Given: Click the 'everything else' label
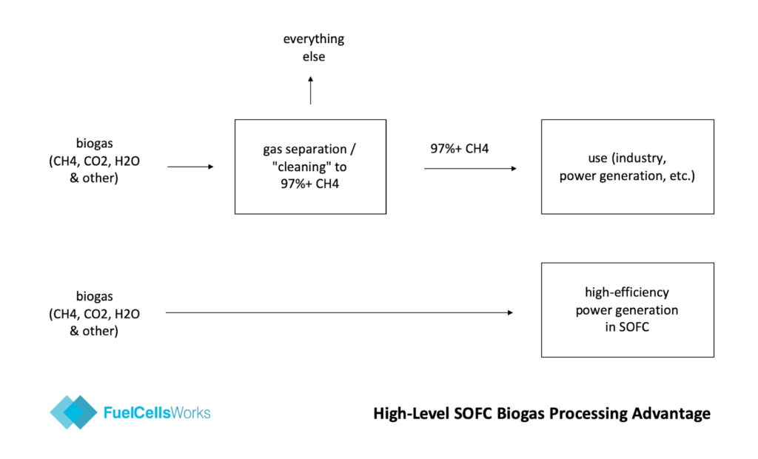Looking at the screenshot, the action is tap(314, 47).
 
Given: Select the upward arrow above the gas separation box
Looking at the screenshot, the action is tap(310, 90).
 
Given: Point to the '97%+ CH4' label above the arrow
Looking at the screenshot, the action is tap(459, 149).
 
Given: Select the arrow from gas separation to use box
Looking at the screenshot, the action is tap(470, 168).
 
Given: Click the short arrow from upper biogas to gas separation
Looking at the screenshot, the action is tap(190, 167).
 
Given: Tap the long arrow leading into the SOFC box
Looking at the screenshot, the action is tap(339, 312).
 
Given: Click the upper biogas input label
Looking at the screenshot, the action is tap(94, 161).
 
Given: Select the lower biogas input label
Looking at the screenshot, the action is tap(94, 313).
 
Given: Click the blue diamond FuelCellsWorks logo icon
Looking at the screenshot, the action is tap(73, 412).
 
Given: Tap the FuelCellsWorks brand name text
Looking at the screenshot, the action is tap(157, 412).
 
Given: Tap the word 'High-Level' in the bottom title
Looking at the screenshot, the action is tap(410, 414).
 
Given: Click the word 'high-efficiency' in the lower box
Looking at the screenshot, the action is tap(627, 292).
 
